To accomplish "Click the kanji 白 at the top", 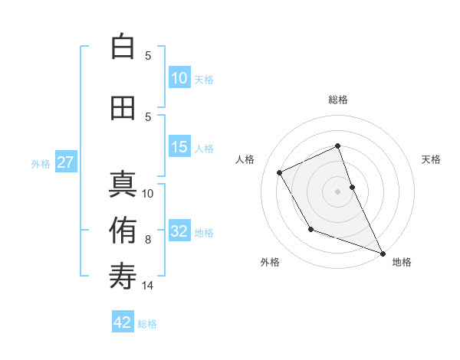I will point(123,47).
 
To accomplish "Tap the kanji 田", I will point(123,108).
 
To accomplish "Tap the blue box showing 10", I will point(179,78).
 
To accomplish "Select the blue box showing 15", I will point(179,147).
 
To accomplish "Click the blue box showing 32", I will point(179,231).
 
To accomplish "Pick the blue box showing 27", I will point(65,162).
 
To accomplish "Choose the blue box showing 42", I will point(123,322).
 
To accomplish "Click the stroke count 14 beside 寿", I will point(148,286).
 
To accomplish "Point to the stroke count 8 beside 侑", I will point(148,240).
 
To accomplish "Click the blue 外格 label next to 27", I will point(41,163).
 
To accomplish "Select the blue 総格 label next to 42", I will point(147,324).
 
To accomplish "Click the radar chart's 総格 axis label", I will point(337,100).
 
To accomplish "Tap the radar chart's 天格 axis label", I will point(431,159).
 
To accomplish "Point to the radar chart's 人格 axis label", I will point(245,159).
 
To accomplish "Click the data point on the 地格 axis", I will point(383,254).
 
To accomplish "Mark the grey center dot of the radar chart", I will point(337,191).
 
